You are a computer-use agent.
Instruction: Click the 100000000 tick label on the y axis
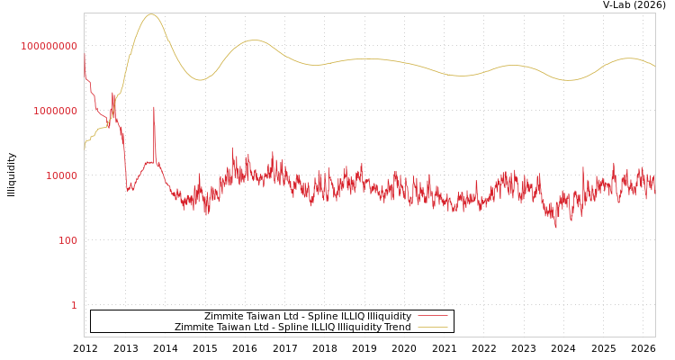[x=49, y=46]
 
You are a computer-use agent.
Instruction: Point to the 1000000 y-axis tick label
[x=55, y=111]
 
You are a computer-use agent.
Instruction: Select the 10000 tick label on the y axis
[x=61, y=175]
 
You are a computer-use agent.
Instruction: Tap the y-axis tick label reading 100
[x=67, y=240]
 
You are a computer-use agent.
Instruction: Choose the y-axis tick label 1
[x=74, y=305]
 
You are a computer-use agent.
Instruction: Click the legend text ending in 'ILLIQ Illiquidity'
[x=308, y=316]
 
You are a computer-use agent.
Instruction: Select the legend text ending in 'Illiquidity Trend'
[x=292, y=327]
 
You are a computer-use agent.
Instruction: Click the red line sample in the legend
[x=432, y=316]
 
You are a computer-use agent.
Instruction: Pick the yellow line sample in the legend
[x=432, y=327]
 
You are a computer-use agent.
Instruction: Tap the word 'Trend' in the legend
[x=398, y=327]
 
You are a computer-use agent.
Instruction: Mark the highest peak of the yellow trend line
[x=150, y=14]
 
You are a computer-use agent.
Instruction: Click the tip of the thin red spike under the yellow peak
[x=153, y=106]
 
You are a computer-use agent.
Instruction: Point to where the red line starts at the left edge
[x=85, y=54]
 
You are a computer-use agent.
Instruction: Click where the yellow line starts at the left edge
[x=85, y=148]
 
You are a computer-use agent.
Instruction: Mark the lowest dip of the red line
[x=555, y=228]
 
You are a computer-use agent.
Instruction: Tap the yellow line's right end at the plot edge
[x=654, y=67]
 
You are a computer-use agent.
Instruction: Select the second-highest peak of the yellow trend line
[x=255, y=40]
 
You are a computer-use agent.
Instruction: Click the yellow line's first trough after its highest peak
[x=200, y=80]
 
